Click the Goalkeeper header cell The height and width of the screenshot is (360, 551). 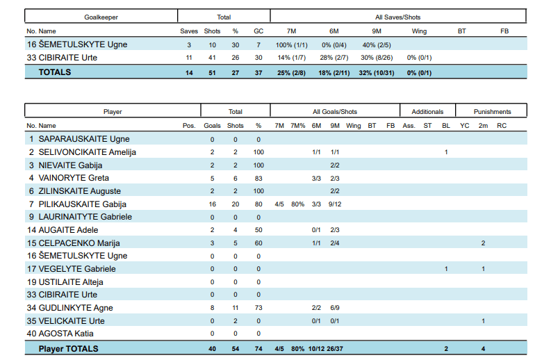click(101, 17)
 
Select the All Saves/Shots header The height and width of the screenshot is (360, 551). click(397, 17)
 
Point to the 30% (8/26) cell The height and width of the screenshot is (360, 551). click(377, 57)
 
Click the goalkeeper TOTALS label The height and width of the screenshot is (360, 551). click(55, 72)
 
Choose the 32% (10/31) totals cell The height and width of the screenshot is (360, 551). click(377, 72)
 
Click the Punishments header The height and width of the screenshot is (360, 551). click(492, 111)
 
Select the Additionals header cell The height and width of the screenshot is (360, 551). click(427, 111)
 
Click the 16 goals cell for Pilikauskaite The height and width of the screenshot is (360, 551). click(212, 204)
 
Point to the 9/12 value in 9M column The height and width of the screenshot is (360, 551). click(335, 204)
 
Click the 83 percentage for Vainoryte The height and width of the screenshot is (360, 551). click(258, 178)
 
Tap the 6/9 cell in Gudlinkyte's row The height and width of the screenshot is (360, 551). click(335, 307)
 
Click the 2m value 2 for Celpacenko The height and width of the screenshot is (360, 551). click(483, 243)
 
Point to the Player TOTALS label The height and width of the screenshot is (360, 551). click(69, 348)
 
